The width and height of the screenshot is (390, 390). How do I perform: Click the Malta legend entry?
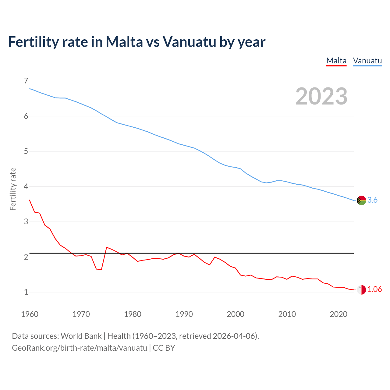336,61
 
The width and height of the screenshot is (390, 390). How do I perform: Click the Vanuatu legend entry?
367,61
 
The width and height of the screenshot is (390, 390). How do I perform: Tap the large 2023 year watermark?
321,96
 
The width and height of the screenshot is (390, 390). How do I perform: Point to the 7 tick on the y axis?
26,81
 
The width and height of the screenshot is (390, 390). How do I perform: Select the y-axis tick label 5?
26,151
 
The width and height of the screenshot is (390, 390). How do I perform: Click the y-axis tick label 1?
26,292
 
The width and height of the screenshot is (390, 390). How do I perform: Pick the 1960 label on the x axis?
30,314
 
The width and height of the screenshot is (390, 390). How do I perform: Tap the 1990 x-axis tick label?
184,314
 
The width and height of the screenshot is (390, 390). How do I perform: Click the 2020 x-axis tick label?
339,314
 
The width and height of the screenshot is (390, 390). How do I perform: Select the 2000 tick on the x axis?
236,314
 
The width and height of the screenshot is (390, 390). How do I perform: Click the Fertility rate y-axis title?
13,189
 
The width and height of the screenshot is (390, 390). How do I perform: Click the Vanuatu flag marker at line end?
361,200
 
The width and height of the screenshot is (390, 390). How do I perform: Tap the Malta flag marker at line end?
361,289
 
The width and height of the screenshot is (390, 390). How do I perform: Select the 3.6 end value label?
372,200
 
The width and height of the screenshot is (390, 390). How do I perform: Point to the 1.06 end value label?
374,289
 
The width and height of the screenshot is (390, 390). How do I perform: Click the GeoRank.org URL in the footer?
79,348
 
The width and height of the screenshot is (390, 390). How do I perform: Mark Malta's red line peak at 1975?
107,247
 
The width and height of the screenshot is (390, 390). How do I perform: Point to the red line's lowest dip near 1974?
101,269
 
